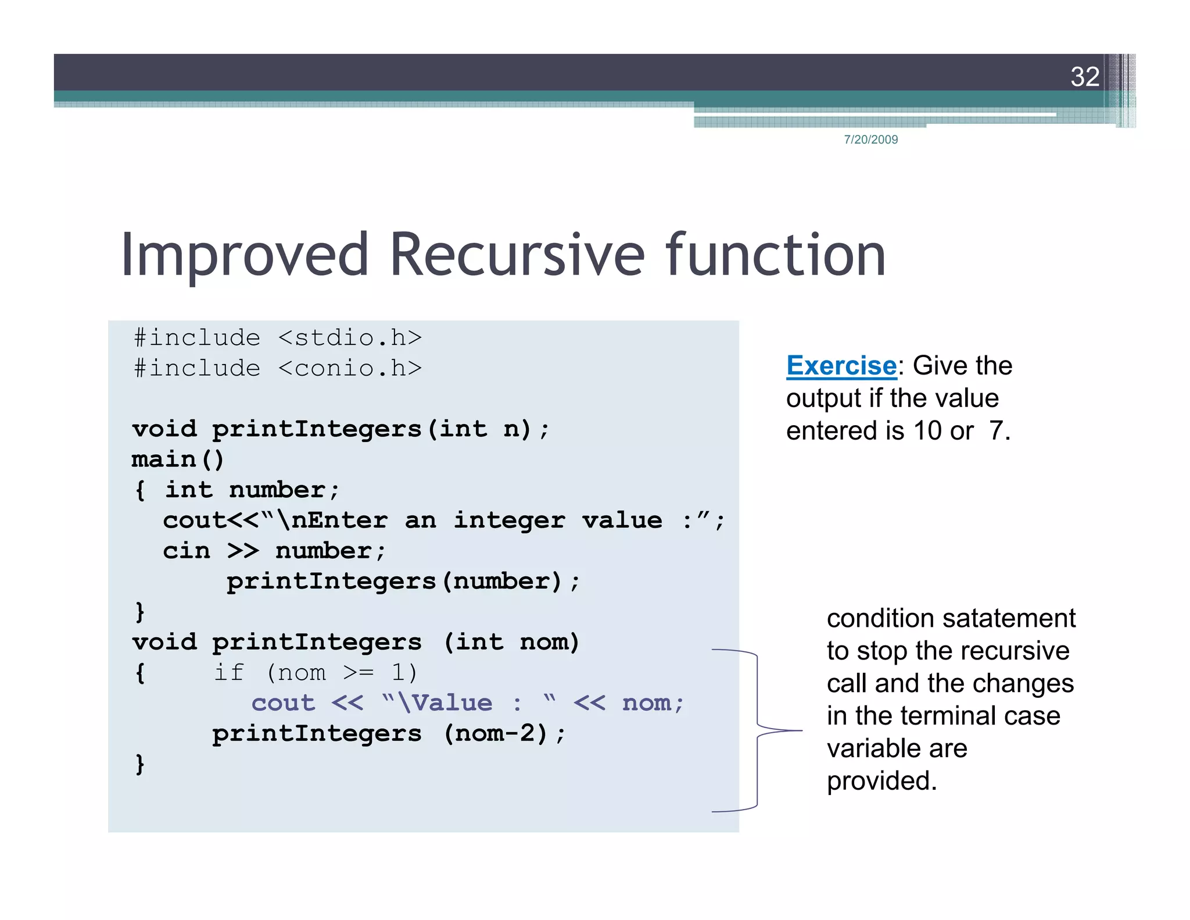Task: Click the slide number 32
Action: pos(1084,77)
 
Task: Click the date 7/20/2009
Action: pos(870,140)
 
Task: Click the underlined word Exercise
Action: pos(841,366)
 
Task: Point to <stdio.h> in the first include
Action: pos(350,338)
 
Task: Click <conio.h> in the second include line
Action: pos(350,368)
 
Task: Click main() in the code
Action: pos(178,459)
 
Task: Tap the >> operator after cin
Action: pos(243,551)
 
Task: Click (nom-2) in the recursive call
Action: pos(496,733)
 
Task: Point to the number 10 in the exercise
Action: pos(927,431)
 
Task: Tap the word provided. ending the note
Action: pos(881,781)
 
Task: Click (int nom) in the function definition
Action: pos(511,642)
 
